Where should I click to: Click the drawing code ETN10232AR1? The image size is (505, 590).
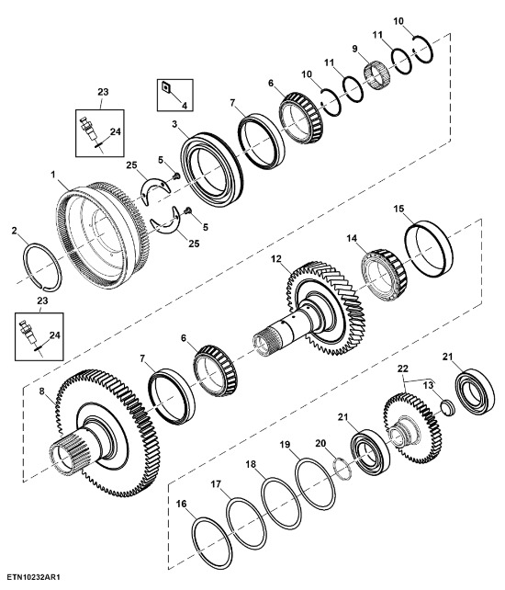33,577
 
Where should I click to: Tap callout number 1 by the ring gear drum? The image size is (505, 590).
53,175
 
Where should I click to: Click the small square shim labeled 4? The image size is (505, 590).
165,87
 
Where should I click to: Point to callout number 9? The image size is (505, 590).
355,49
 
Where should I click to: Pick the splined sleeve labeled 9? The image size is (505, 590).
377,75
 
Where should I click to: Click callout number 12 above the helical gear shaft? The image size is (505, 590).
276,259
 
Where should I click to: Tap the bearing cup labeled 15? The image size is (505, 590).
428,249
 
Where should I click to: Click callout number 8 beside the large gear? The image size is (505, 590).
41,391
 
